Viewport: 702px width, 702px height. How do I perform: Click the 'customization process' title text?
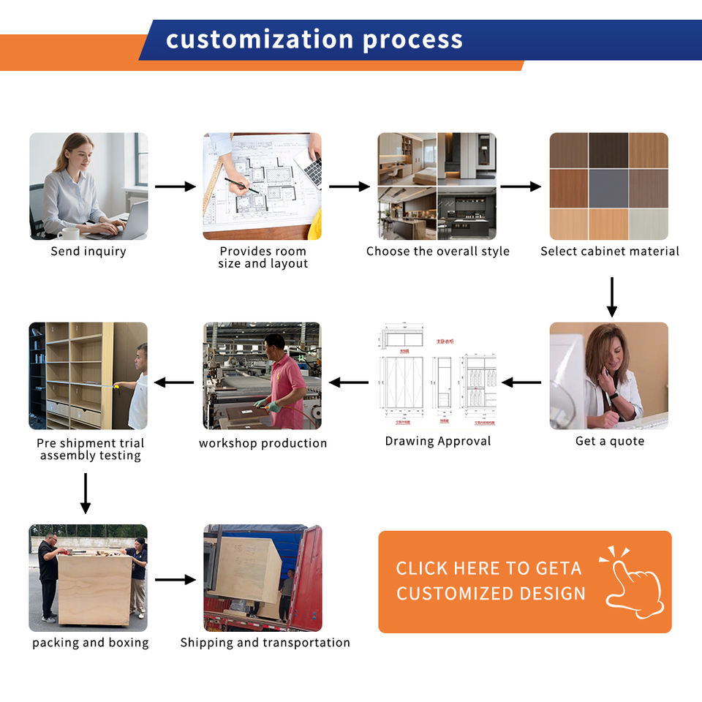(314, 39)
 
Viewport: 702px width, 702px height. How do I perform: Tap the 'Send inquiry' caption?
(88, 252)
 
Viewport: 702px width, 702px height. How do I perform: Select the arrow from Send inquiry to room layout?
(175, 186)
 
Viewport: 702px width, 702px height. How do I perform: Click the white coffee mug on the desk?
(69, 233)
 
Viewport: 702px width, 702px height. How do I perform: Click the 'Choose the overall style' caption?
(437, 252)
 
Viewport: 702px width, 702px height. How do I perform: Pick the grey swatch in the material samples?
(608, 188)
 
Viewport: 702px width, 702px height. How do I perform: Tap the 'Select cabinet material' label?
(609, 252)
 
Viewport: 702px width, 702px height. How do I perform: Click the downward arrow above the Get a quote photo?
(612, 296)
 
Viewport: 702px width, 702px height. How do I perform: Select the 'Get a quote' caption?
(609, 442)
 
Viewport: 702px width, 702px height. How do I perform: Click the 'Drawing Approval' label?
(438, 442)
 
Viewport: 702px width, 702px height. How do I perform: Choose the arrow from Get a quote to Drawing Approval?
(521, 382)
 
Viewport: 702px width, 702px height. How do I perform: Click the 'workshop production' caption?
(263, 443)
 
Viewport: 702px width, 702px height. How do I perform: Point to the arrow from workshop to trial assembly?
(174, 382)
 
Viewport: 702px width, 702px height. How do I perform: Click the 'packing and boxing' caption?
(90, 643)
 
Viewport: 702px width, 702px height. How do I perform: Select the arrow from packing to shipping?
(175, 580)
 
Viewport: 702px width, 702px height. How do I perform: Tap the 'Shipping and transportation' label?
(265, 643)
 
